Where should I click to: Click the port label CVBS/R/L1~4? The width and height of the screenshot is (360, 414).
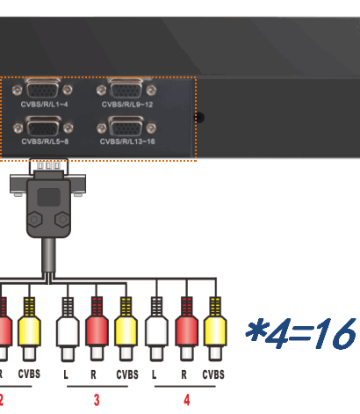click(x=44, y=104)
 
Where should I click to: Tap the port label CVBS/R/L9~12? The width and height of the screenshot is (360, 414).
click(x=127, y=105)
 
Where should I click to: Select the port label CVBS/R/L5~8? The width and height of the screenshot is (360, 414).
click(x=45, y=142)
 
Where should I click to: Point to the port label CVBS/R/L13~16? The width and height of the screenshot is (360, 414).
click(x=127, y=142)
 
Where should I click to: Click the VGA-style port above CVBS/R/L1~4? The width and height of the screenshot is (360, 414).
click(x=42, y=88)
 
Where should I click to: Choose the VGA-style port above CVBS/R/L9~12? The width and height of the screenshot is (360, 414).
click(x=126, y=88)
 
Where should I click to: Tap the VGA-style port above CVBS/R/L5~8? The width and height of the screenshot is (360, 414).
click(x=43, y=127)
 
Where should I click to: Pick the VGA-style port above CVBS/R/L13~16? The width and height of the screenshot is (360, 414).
click(x=126, y=127)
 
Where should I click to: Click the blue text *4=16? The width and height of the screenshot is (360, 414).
click(x=300, y=333)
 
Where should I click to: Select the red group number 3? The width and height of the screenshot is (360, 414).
click(x=97, y=400)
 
